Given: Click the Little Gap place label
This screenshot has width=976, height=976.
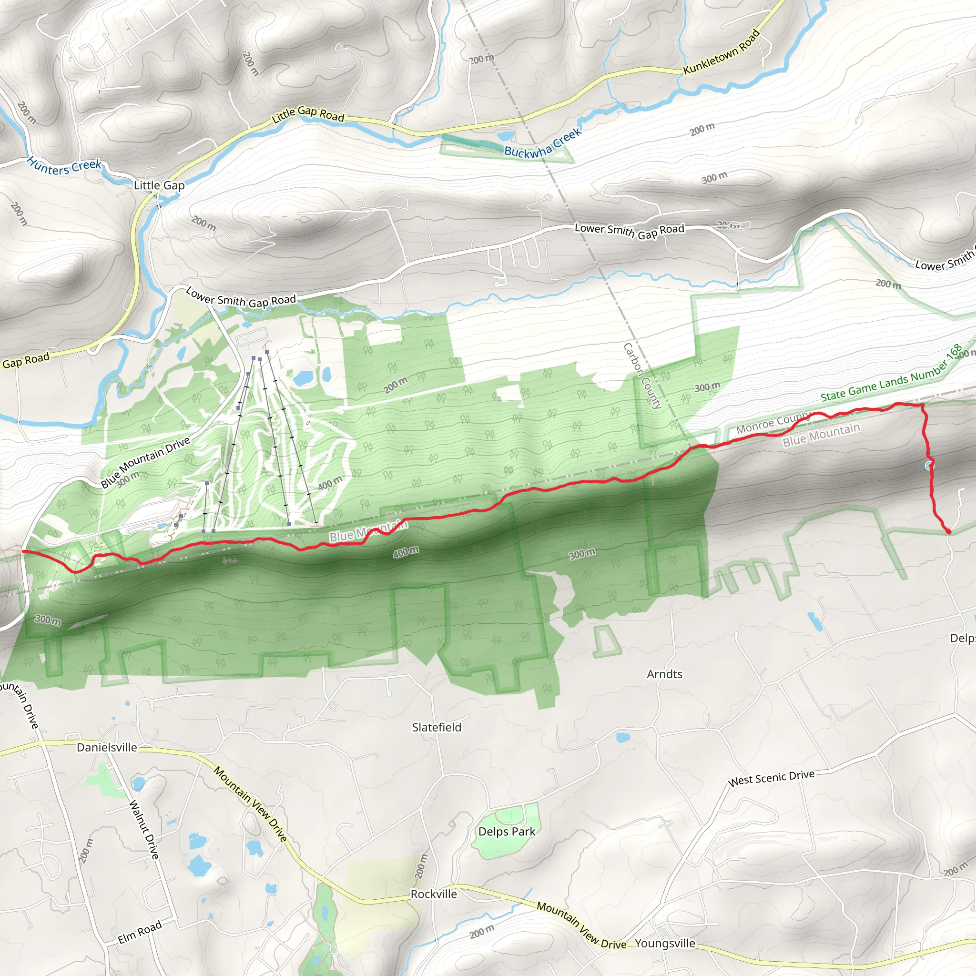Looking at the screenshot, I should pyautogui.click(x=159, y=185).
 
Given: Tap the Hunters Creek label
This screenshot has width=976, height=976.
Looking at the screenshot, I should pyautogui.click(x=64, y=166).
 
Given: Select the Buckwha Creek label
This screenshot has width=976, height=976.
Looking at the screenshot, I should pyautogui.click(x=543, y=144).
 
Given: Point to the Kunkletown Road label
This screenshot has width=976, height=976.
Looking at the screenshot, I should pyautogui.click(x=722, y=52).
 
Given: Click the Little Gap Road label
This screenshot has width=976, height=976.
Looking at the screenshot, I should pyautogui.click(x=308, y=114).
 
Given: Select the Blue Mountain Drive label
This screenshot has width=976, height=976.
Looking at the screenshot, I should pyautogui.click(x=145, y=462).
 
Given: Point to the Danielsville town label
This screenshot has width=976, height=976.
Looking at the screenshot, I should pyautogui.click(x=107, y=747).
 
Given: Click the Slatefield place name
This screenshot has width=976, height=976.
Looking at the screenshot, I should pyautogui.click(x=437, y=727).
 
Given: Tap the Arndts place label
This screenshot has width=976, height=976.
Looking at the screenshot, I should pyautogui.click(x=664, y=674).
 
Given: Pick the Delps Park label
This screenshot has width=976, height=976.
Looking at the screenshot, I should pyautogui.click(x=507, y=831).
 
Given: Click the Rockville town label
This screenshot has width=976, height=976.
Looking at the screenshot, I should pyautogui.click(x=434, y=894).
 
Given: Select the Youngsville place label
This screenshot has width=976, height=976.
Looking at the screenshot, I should pyautogui.click(x=665, y=943).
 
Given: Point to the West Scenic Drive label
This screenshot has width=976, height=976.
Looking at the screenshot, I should pyautogui.click(x=771, y=778).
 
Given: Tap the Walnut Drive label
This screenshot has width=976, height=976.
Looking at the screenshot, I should pyautogui.click(x=144, y=829).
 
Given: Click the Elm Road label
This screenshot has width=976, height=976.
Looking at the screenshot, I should pyautogui.click(x=140, y=932).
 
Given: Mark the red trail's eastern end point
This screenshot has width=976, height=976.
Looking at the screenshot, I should pyautogui.click(x=948, y=531).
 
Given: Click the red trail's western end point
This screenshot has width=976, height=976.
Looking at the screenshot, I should pyautogui.click(x=23, y=551).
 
